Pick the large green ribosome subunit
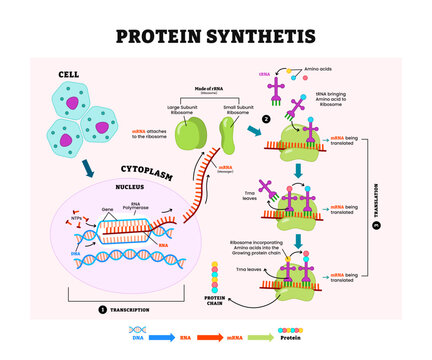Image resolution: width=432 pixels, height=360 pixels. tap(193, 129)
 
